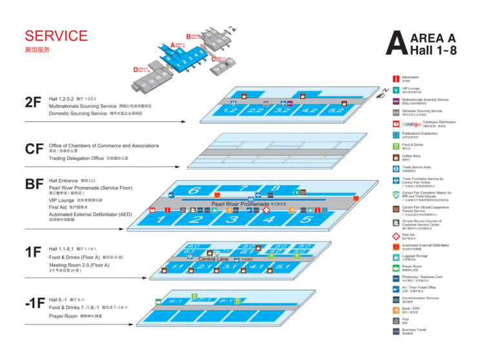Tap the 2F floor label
tap(33, 102)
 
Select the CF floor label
tap(34, 149)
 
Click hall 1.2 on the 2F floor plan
tap(230, 110)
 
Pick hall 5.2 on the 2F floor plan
tap(336, 110)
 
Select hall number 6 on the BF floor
tap(194, 190)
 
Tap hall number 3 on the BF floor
tap(232, 219)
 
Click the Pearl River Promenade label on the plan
tap(240, 204)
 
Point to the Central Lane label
tap(214, 259)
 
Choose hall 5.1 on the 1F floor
tap(283, 266)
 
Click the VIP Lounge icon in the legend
tap(396, 90)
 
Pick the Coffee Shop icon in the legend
tap(396, 157)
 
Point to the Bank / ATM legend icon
tap(396, 309)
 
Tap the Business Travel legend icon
tap(396, 331)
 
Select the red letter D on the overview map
tap(135, 69)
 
